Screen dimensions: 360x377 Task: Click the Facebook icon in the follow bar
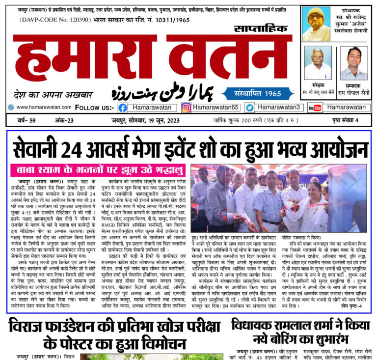123,108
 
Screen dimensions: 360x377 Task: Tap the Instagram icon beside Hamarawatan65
186,108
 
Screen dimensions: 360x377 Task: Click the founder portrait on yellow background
316,24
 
